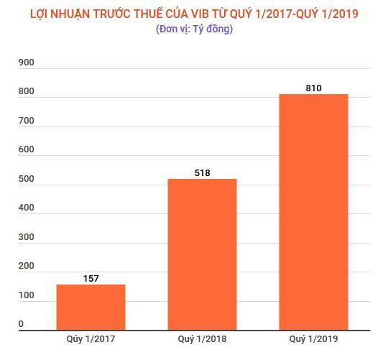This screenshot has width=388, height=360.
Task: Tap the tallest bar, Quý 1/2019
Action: pyautogui.click(x=313, y=211)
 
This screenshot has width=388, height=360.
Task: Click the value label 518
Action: pyautogui.click(x=202, y=172)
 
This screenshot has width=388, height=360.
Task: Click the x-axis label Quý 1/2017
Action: pyautogui.click(x=91, y=338)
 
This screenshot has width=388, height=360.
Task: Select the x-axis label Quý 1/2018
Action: pyautogui.click(x=202, y=338)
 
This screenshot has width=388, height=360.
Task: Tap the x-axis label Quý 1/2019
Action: pyautogui.click(x=313, y=338)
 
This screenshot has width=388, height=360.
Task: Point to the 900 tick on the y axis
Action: pyautogui.click(x=27, y=63)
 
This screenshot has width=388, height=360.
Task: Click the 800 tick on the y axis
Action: pyautogui.click(x=27, y=92)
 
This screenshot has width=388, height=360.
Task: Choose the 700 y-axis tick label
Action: pyautogui.click(x=27, y=121)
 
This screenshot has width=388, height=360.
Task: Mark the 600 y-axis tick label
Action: pyautogui.click(x=27, y=150)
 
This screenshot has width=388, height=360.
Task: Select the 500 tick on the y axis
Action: pyautogui.click(x=27, y=180)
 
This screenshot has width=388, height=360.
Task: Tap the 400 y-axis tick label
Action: pyautogui.click(x=27, y=208)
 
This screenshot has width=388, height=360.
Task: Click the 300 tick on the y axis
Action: pyautogui.click(x=27, y=238)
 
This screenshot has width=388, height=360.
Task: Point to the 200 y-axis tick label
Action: pyautogui.click(x=27, y=267)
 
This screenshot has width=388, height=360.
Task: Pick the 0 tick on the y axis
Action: pyautogui.click(x=22, y=324)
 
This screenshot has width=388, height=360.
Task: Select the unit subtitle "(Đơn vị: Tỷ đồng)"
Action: pyautogui.click(x=194, y=29)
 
